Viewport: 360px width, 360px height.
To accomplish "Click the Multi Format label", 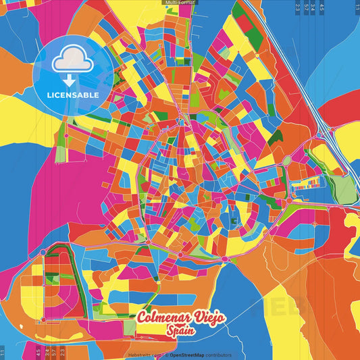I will (180, 3).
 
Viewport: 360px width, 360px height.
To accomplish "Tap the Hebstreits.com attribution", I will (145, 355).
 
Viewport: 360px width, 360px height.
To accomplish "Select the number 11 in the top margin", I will (357, 7).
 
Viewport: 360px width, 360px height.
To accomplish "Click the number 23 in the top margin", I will (298, 7).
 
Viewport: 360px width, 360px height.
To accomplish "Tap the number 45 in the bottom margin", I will (38, 353).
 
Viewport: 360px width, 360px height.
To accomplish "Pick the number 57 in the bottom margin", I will (54, 353).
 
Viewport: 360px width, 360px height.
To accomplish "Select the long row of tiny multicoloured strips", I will (314, 182).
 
